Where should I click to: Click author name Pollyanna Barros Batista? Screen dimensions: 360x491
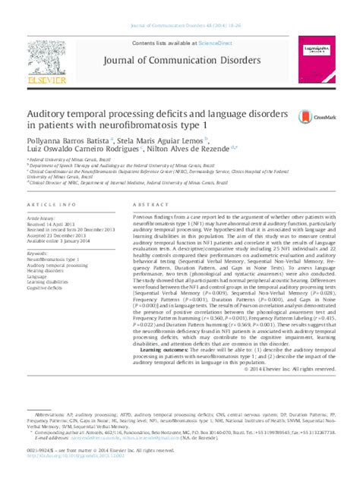[x=68, y=141]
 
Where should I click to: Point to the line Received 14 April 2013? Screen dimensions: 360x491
[x=53, y=225]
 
